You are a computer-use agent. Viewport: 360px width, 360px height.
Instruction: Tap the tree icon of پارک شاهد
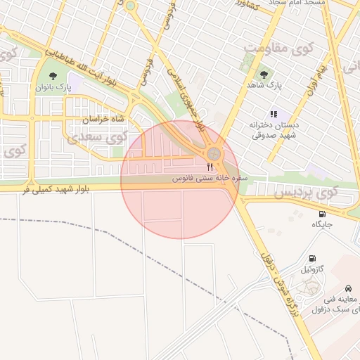tap(264, 74)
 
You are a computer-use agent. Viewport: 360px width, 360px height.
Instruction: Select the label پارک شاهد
tap(264, 85)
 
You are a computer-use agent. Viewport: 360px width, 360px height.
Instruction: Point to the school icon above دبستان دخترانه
tap(274, 113)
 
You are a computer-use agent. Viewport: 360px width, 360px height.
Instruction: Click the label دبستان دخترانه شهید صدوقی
tap(274, 129)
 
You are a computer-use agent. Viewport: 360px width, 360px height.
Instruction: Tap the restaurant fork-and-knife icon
tap(210, 167)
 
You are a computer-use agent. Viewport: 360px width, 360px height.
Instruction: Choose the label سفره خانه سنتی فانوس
tap(210, 179)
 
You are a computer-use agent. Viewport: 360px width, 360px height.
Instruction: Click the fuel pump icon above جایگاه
tap(322, 214)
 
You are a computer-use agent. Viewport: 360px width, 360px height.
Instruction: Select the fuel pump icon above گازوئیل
tap(312, 258)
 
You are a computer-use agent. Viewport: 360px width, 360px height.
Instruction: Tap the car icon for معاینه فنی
tap(349, 288)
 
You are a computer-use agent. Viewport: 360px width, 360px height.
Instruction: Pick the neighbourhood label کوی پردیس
tap(307, 192)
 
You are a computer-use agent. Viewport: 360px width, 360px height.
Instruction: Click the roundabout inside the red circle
tap(214, 154)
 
